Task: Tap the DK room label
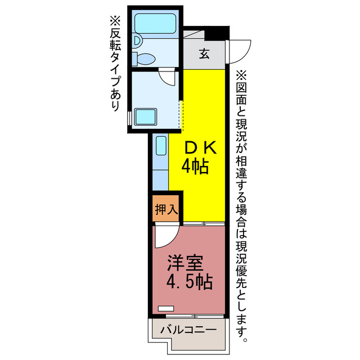pyautogui.click(x=201, y=147)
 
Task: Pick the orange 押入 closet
pyautogui.click(x=166, y=209)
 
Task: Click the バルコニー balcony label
pyautogui.click(x=187, y=330)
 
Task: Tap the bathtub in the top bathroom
pyautogui.click(x=155, y=25)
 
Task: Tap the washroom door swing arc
pyautogui.click(x=167, y=76)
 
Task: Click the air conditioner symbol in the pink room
pyautogui.click(x=166, y=308)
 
